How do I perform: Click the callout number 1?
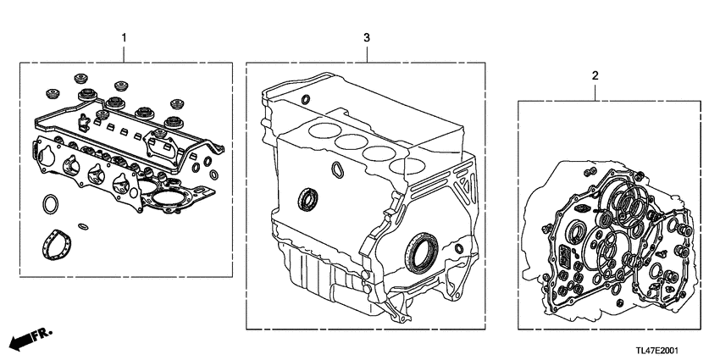(125, 38)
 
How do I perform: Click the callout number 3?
(366, 38)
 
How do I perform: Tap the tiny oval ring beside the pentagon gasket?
(82, 225)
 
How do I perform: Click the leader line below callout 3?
(366, 53)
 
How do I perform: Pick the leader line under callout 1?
(125, 53)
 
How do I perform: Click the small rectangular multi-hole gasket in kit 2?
(563, 254)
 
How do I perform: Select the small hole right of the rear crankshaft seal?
(458, 248)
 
